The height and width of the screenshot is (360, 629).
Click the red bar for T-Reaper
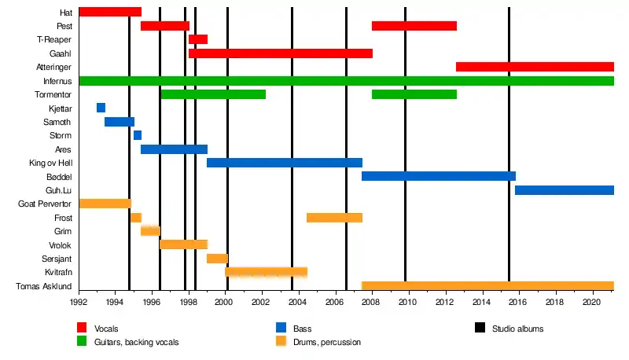pos(198,39)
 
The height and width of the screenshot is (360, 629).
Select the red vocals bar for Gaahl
pos(281,53)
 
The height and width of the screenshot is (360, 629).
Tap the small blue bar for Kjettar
pos(101,108)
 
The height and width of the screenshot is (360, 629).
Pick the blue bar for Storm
pos(138,135)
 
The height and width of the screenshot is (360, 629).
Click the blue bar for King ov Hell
pos(285,163)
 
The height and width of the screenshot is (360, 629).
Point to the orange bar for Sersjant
pos(218,259)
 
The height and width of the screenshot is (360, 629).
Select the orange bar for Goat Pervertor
pos(105,204)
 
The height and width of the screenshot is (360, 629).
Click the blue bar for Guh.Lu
pos(565,190)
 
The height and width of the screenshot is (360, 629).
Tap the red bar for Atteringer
pos(535,67)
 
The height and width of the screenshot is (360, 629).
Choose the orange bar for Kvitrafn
pos(267,272)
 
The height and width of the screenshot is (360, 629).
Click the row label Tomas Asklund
pos(44,286)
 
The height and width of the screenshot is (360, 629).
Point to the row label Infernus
pos(57,81)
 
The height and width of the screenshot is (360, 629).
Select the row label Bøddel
pos(59,177)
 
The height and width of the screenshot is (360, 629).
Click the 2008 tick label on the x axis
pos(370,302)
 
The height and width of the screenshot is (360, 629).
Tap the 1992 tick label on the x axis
pos(79,302)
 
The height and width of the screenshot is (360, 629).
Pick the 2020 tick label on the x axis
pos(591,302)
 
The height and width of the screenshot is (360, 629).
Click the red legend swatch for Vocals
pos(82,328)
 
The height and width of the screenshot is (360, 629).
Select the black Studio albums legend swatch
pos(480,328)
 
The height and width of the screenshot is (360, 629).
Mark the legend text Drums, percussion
pos(327,343)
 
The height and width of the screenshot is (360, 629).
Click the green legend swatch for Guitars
pos(82,341)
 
